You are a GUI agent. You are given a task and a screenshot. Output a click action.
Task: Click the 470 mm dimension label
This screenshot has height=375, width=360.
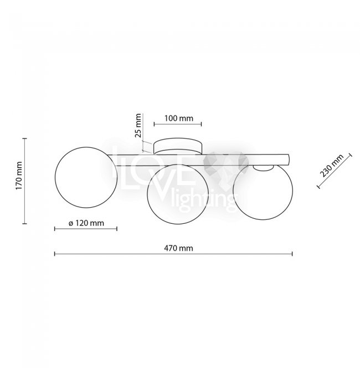tap(178, 248)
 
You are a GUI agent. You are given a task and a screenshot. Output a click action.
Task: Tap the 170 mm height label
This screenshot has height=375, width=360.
tap(19, 176)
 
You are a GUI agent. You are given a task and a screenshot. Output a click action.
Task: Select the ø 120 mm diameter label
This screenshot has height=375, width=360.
tap(86, 223)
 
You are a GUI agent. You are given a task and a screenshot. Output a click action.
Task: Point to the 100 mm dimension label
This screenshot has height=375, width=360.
tap(179, 119)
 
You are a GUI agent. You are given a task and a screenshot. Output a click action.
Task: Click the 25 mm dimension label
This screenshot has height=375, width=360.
tap(138, 126)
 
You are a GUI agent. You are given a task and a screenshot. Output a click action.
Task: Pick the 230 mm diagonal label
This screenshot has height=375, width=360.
tap(332, 166)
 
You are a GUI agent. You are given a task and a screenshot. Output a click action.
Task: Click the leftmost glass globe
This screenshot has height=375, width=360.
tap(86, 177)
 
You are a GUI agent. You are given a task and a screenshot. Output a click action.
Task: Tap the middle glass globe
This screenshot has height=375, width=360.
tap(178, 194)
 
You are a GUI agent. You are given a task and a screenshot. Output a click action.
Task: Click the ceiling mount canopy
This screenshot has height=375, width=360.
tap(178, 146)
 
